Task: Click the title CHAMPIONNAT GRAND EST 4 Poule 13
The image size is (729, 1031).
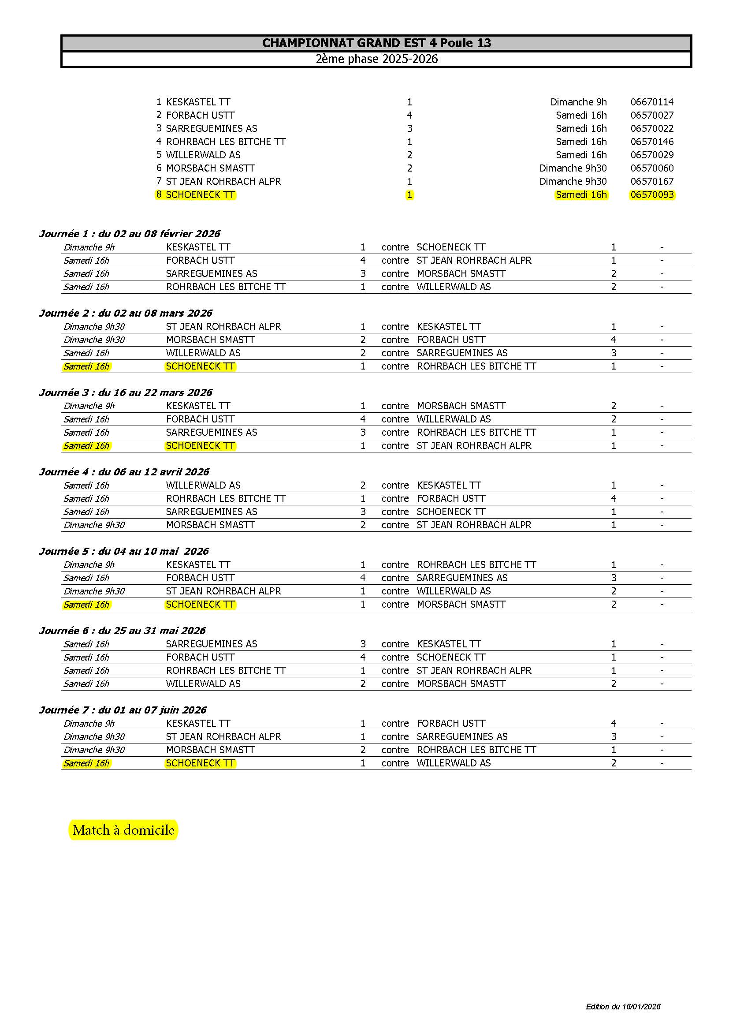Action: (376, 43)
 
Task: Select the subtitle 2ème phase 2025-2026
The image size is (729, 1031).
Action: (376, 59)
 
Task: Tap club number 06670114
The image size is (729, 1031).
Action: (652, 102)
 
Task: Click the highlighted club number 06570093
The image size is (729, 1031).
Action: (652, 195)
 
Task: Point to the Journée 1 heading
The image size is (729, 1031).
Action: (129, 234)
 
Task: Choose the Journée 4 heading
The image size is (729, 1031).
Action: (124, 472)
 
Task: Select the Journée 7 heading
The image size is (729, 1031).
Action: (123, 710)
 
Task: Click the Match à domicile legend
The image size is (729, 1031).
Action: (123, 830)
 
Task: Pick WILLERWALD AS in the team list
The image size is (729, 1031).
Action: (203, 155)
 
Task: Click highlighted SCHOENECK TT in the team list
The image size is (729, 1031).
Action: (200, 195)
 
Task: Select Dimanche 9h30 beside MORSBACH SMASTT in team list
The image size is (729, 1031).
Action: (573, 168)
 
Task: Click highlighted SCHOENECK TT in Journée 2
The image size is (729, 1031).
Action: (200, 366)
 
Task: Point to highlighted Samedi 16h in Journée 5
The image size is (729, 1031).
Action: (86, 605)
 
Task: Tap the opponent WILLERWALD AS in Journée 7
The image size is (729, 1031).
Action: (454, 763)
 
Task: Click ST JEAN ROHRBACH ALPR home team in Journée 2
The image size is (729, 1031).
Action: (223, 326)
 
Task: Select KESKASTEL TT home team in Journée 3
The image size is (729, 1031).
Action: (198, 406)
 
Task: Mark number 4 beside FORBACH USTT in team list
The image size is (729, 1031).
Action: (409, 116)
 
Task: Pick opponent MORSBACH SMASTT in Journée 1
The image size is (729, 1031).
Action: (461, 274)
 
